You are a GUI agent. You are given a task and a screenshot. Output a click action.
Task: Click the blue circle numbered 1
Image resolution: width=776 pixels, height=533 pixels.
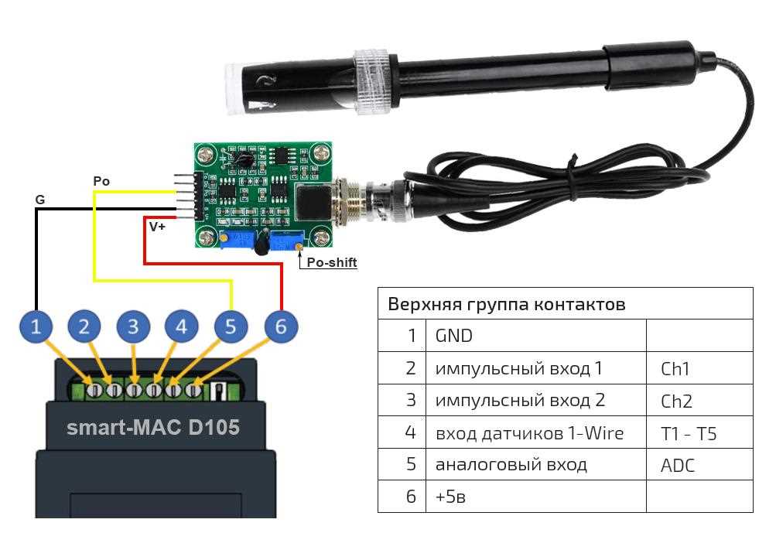click(36, 327)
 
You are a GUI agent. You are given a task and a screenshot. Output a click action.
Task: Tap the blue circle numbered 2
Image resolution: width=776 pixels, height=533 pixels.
click(84, 327)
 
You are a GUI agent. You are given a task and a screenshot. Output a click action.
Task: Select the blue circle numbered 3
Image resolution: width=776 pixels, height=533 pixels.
click(134, 327)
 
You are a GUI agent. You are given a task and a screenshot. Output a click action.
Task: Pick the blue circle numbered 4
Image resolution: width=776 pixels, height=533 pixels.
click(181, 327)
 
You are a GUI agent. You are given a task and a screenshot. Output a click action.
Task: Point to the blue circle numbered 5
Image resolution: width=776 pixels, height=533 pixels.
click(231, 327)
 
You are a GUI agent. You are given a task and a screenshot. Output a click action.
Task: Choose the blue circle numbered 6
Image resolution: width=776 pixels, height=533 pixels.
click(280, 327)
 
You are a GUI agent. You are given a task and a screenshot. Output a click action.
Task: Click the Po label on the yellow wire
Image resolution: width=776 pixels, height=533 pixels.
click(101, 181)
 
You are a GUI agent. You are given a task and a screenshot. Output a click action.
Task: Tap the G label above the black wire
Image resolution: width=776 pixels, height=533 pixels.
click(39, 200)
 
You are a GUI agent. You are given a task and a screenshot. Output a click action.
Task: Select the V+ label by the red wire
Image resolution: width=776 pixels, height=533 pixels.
click(158, 227)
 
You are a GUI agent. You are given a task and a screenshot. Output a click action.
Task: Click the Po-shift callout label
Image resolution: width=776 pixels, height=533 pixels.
click(332, 263)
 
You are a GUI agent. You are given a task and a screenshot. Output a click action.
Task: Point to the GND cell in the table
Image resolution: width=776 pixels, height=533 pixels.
click(454, 336)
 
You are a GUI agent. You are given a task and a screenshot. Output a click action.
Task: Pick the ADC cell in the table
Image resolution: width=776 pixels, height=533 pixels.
click(678, 465)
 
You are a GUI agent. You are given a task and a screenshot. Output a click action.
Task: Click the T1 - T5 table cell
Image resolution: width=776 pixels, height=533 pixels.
click(694, 433)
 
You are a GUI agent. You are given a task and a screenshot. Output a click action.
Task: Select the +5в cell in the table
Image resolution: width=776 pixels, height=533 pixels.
click(450, 497)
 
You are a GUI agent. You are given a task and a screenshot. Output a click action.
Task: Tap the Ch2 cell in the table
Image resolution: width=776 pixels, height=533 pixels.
click(676, 401)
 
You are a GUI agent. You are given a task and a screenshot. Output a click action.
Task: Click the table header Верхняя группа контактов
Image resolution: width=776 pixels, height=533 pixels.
click(506, 304)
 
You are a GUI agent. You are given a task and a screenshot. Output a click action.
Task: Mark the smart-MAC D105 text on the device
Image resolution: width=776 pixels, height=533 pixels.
click(152, 427)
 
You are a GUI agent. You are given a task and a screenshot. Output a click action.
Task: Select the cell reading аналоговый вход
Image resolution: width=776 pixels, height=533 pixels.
click(511, 465)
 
